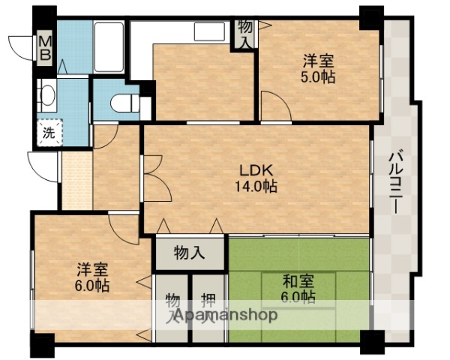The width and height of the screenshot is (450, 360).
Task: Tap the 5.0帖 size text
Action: [x=319, y=76]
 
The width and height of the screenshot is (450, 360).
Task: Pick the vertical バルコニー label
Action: [x=395, y=180]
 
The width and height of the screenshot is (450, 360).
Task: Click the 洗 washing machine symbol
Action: [x=48, y=135]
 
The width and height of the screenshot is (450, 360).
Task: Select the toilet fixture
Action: [x=120, y=103]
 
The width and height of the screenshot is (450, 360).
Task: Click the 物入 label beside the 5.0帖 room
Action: [x=245, y=34]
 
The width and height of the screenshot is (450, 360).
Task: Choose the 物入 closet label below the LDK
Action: [x=189, y=252]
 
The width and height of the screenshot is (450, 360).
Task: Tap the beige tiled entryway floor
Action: [x=76, y=179]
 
